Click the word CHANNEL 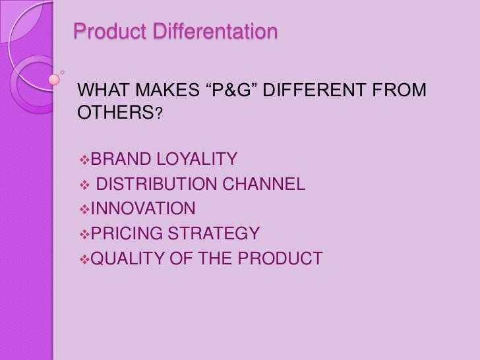click(x=266, y=185)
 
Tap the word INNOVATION click(x=142, y=210)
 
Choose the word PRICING click(x=125, y=234)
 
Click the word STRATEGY click(x=213, y=234)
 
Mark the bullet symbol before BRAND click(x=82, y=159)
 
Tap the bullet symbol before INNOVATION click(x=82, y=210)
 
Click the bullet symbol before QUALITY click(x=82, y=259)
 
